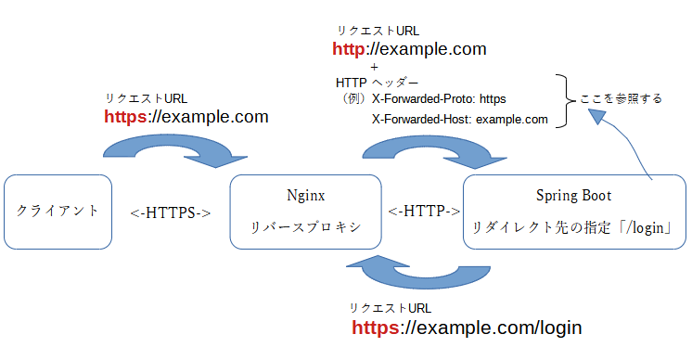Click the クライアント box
pyautogui.click(x=58, y=212)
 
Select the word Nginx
pyautogui.click(x=305, y=196)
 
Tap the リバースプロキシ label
pyautogui.click(x=305, y=226)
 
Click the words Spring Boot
pyautogui.click(x=573, y=196)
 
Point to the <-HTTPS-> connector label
pyautogui.click(x=171, y=212)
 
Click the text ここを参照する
pyautogui.click(x=621, y=98)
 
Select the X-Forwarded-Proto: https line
pyautogui.click(x=439, y=98)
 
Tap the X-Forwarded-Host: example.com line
pyautogui.click(x=459, y=119)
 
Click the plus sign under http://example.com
pyautogui.click(x=373, y=67)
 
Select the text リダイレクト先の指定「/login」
pyautogui.click(x=572, y=226)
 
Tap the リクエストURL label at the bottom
pyautogui.click(x=390, y=308)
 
